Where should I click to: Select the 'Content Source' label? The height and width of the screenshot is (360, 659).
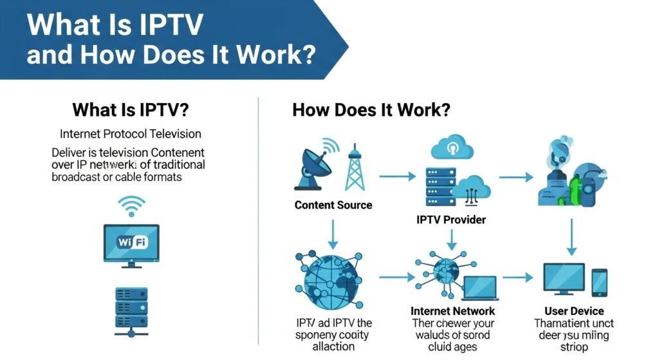click(x=333, y=205)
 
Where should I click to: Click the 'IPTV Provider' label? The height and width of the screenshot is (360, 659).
click(x=451, y=220)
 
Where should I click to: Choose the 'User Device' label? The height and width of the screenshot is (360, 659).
click(x=574, y=311)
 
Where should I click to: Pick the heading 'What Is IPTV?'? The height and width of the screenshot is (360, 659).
click(x=131, y=109)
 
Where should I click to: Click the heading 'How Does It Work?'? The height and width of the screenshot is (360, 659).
click(x=371, y=109)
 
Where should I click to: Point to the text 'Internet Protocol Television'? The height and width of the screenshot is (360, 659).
click(x=131, y=134)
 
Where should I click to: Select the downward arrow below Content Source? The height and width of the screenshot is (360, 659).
click(x=333, y=234)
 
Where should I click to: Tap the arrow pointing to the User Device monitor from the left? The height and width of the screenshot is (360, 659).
click(x=518, y=278)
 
